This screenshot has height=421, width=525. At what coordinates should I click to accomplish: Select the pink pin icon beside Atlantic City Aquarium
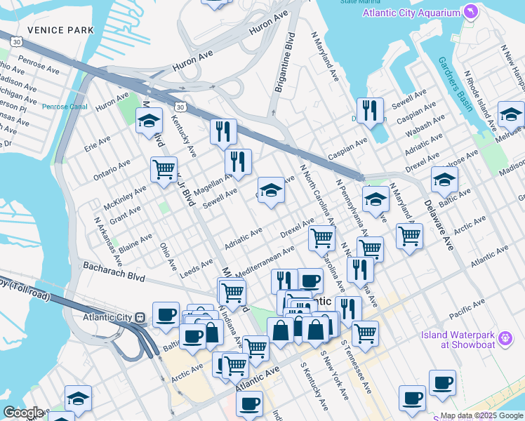pyautogui.click(x=470, y=13)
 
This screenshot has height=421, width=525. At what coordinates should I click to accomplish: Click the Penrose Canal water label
pyautogui.click(x=64, y=107)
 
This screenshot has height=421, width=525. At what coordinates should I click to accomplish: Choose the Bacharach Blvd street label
pyautogui.click(x=114, y=272)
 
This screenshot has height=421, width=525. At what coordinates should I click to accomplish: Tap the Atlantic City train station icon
pyautogui.click(x=140, y=316)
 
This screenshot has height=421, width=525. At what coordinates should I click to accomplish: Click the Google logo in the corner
pyautogui.click(x=22, y=413)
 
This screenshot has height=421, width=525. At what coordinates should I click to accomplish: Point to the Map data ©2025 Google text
pyautogui.click(x=481, y=415)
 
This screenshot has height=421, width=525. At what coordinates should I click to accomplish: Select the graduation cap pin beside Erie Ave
pyautogui.click(x=149, y=121)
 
